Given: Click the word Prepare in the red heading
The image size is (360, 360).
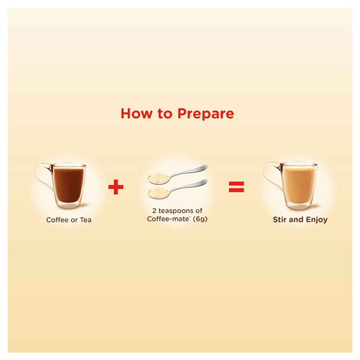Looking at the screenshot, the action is pos(206,114).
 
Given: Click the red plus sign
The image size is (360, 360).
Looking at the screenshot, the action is pos(116,187).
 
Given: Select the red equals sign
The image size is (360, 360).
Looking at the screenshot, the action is pos(236,187).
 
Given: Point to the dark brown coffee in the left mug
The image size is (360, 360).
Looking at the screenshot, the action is pos(68,185).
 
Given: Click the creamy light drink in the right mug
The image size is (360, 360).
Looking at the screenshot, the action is pos(298,185).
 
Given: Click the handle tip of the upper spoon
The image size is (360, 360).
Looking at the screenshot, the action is pos(206,166).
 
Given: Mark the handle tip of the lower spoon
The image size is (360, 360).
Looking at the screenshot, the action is pos(206,181).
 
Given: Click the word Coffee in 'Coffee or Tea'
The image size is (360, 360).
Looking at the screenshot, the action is pos(58,220).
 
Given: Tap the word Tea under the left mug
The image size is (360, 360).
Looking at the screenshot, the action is pos(86,220).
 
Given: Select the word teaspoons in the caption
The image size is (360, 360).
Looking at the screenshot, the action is pos(181,211).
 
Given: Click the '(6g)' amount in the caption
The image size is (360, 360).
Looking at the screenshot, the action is pos(200,219).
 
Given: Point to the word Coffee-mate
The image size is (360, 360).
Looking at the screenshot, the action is pos(168,219).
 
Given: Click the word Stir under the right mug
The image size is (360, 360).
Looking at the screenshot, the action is pos(280,220).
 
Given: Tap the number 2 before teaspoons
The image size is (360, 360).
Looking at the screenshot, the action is pos(154,211).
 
